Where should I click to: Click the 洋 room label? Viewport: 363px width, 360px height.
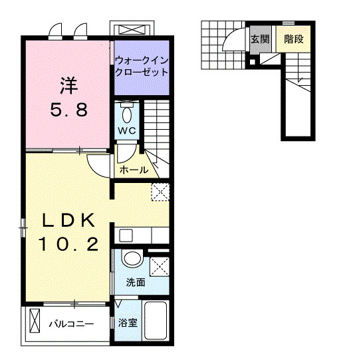pos(67,85)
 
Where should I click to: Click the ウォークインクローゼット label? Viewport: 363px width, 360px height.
pos(141,66)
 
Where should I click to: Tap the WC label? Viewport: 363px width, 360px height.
pos(128,130)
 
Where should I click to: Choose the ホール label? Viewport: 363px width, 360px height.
pos(134,170)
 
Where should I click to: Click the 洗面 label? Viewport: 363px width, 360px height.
pos(136,282)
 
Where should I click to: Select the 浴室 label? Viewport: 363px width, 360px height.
pos(128,323)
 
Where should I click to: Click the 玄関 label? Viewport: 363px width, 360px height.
pos(260,39)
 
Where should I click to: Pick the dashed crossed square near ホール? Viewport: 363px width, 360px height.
pos(160,192)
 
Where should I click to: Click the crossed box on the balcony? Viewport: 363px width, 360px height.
pos(35,324)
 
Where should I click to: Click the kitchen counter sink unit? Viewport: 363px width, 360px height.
pos(142,235)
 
